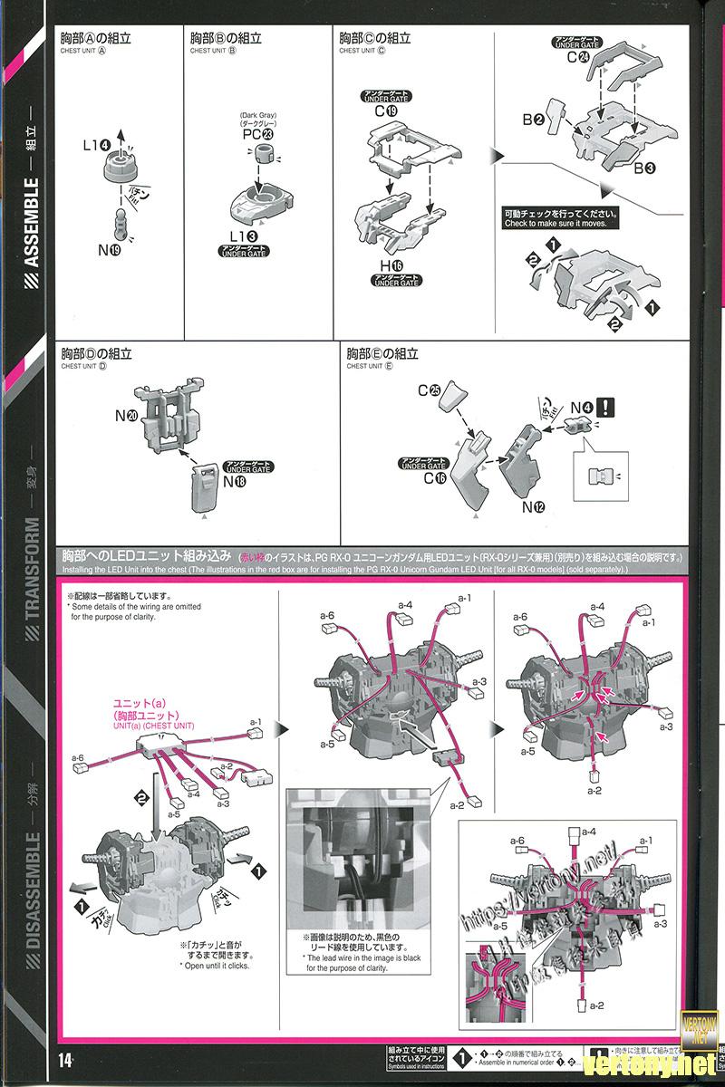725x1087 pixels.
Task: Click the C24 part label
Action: pyautogui.click(x=578, y=57)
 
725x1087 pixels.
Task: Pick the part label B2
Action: pyautogui.click(x=532, y=120)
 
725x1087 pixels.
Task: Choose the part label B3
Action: pyautogui.click(x=643, y=168)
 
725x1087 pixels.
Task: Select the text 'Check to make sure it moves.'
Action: pyautogui.click(x=561, y=223)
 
